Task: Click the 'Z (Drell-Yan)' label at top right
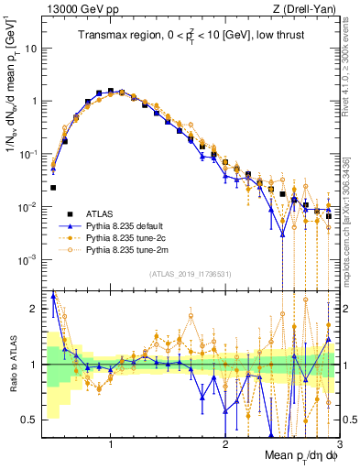308,9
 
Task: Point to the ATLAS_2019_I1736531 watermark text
190,274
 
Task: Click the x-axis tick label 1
111,445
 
